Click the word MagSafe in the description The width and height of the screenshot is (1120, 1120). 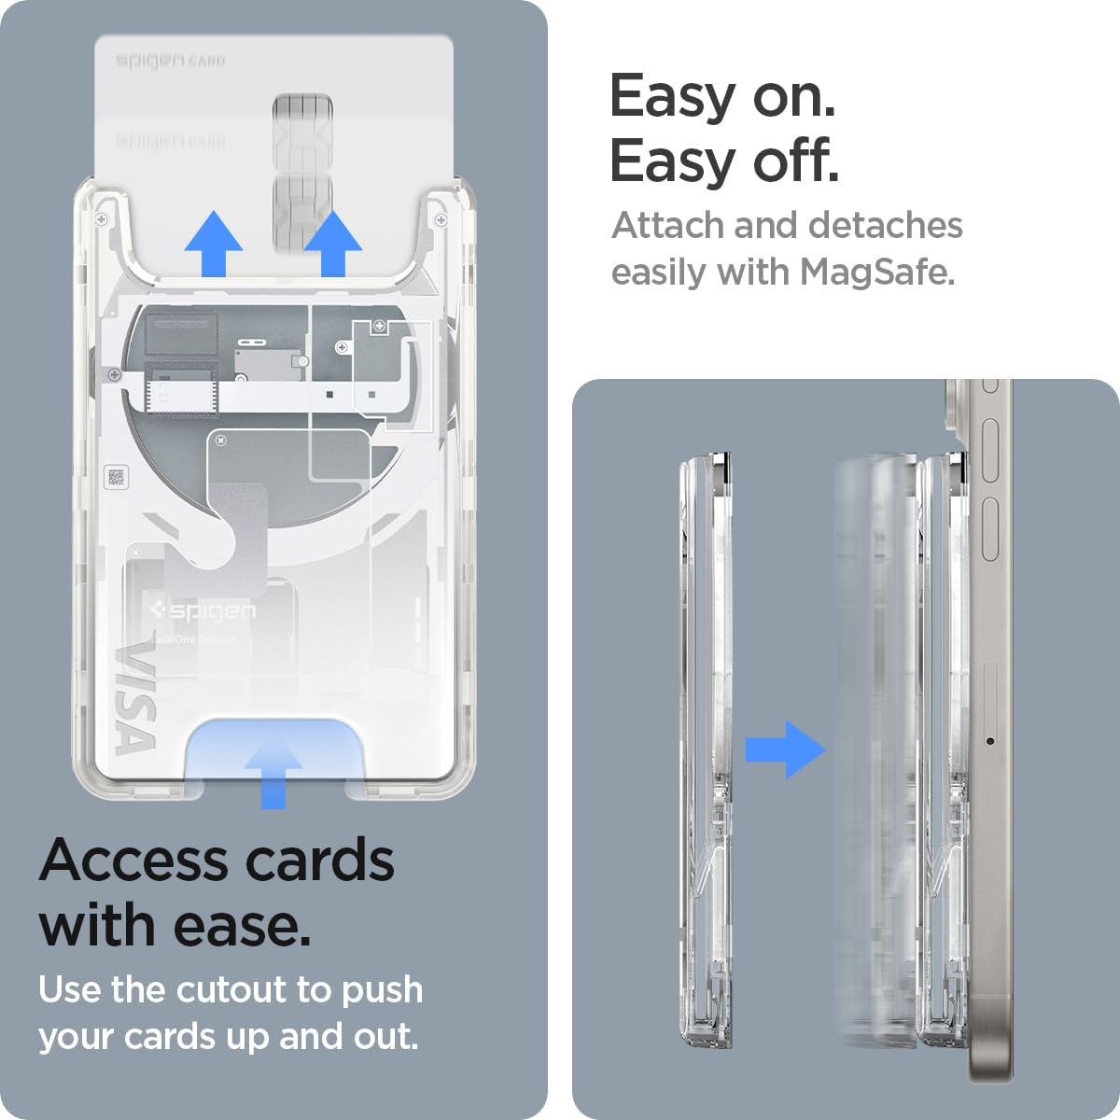pos(877,273)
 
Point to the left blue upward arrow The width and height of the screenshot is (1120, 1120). pos(214,245)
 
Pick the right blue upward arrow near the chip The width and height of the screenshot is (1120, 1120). pos(333,245)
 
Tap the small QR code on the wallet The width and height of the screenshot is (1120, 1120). pos(116,477)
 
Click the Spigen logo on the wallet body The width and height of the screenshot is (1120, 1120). pos(203,611)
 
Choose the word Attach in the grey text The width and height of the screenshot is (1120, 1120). pos(667,226)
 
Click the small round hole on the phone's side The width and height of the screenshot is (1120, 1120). pos(989,742)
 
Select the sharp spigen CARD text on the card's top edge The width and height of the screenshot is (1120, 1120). pos(170,62)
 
